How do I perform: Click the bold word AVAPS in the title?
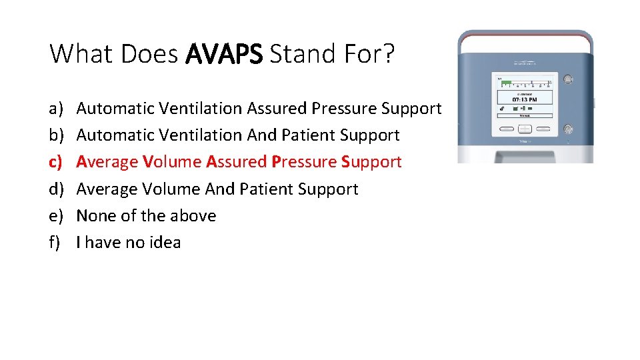click(x=224, y=54)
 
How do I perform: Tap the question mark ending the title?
click(x=388, y=54)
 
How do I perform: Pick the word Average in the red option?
click(x=107, y=162)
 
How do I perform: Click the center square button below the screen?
click(x=524, y=129)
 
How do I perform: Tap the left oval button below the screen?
click(x=505, y=129)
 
